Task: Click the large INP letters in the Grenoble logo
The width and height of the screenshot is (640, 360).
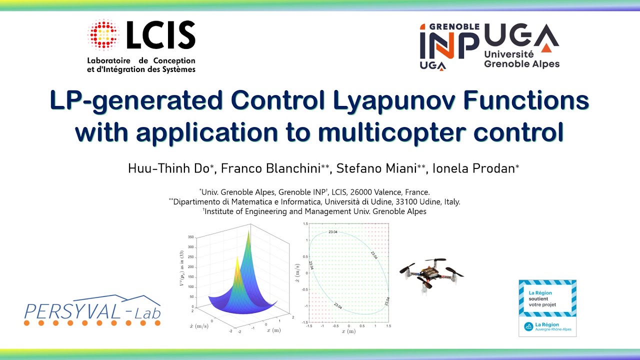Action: pyautogui.click(x=449, y=45)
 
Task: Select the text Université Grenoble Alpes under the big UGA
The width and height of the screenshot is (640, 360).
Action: pyautogui.click(x=522, y=59)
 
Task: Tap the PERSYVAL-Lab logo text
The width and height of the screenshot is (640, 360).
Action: pyautogui.click(x=92, y=311)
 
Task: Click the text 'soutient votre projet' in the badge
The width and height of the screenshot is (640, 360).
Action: pyautogui.click(x=542, y=301)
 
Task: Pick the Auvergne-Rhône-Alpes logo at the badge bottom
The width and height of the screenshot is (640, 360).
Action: pyautogui.click(x=547, y=327)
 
